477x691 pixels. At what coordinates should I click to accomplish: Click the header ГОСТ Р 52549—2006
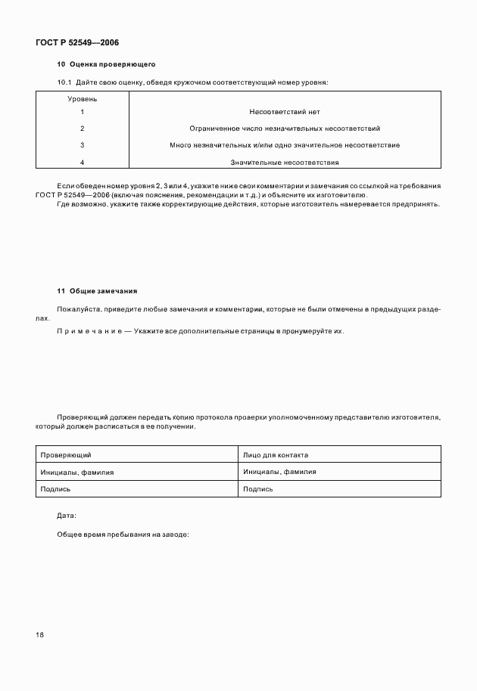pos(77,43)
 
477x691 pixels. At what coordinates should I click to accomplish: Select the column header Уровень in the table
pos(82,98)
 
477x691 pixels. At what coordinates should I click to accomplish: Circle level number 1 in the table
pos(82,112)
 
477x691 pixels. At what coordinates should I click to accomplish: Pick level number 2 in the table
pos(82,129)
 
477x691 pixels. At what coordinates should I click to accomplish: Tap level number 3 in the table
pos(82,144)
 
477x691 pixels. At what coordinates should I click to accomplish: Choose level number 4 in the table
pos(82,162)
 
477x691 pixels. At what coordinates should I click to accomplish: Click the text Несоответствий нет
pos(284,112)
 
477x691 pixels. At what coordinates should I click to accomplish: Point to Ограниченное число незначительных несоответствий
pos(284,129)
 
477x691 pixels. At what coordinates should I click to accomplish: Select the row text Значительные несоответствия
pos(284,162)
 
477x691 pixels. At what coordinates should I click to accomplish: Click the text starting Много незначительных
pos(284,144)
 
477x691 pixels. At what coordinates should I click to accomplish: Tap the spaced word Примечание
pos(88,331)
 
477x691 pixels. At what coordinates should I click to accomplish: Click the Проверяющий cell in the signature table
pos(66,455)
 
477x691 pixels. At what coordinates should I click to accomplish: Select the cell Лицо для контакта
pos(276,455)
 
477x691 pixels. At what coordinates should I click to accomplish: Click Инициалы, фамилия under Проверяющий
pos(76,472)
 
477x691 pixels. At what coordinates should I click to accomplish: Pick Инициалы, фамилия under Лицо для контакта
pos(279,472)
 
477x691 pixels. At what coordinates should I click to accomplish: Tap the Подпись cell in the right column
pos(258,489)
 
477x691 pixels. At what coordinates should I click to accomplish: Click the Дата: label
pos(67,516)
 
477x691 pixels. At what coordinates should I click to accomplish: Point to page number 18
pos(40,634)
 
